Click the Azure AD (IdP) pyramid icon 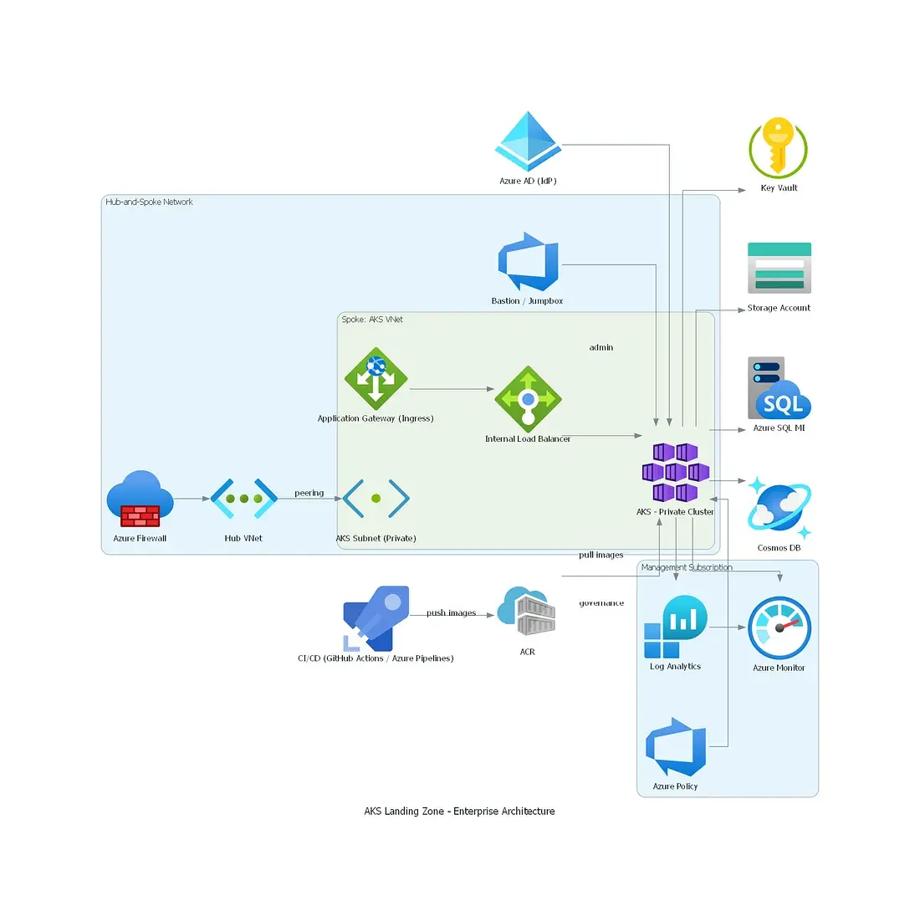pos(528,141)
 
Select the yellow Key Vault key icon pos(778,147)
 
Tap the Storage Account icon pos(779,268)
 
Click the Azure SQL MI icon pos(779,387)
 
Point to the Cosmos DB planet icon pos(779,507)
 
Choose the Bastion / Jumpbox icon pos(528,262)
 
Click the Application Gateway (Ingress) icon pos(376,379)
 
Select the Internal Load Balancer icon pos(528,399)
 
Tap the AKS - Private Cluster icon pos(675,473)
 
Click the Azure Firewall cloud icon pos(141,499)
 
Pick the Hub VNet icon pos(243,499)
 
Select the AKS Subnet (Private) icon pos(376,499)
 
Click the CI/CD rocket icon pos(376,618)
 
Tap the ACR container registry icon pos(526,611)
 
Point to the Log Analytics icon pos(675,627)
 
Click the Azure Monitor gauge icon pos(779,628)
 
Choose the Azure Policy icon pos(675,747)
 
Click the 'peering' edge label pos(309,493)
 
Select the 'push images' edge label pos(451,613)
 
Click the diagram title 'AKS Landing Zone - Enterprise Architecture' pos(459,812)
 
